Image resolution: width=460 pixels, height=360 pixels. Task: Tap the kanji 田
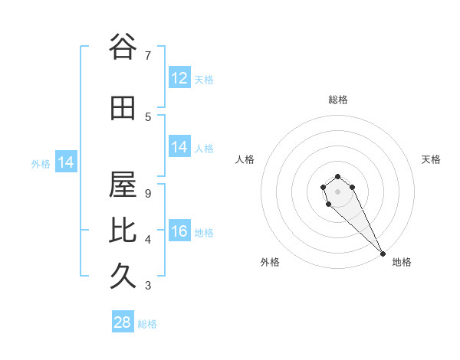[x=122, y=109]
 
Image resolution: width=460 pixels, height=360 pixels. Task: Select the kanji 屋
[x=122, y=185]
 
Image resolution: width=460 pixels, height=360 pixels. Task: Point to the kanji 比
[x=122, y=231]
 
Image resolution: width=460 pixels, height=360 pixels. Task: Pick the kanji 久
[x=122, y=277]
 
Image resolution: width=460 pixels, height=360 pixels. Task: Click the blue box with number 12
[x=179, y=78]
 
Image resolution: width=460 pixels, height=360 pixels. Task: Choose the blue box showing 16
[x=179, y=231]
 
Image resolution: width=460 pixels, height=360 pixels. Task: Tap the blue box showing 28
[x=123, y=322]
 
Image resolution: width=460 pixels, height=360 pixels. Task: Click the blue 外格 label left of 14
[x=41, y=163]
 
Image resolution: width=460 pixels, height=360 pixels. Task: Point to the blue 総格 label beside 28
[x=147, y=324]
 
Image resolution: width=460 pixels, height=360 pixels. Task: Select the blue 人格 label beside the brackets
[x=204, y=149]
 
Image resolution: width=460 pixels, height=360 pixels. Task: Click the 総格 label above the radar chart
[x=338, y=100]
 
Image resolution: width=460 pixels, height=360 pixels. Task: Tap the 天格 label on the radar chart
[x=431, y=159]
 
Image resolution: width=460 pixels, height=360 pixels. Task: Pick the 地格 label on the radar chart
[x=402, y=262]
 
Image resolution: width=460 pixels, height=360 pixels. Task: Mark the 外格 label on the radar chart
[x=270, y=262]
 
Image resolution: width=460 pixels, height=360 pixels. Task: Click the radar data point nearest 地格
[x=383, y=254]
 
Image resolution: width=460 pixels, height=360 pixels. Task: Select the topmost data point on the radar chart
[x=337, y=177]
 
